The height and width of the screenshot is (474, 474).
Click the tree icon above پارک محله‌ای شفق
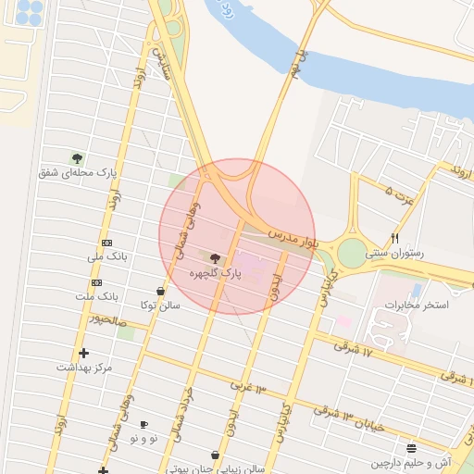(77, 157)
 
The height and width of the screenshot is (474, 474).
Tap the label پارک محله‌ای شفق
(78, 173)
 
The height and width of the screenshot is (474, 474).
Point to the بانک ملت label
(98, 296)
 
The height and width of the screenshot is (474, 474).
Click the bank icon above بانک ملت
(96, 282)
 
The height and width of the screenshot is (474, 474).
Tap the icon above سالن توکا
(161, 291)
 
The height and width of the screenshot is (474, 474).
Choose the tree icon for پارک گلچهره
(216, 259)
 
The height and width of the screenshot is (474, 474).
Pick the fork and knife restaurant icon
(395, 238)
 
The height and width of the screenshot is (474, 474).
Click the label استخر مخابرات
(417, 305)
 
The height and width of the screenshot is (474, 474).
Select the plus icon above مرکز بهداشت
(84, 353)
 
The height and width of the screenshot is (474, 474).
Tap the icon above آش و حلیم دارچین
(411, 447)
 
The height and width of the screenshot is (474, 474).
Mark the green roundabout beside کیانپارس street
(352, 253)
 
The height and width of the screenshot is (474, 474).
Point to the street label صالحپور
(106, 320)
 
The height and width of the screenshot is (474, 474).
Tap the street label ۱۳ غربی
(248, 385)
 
